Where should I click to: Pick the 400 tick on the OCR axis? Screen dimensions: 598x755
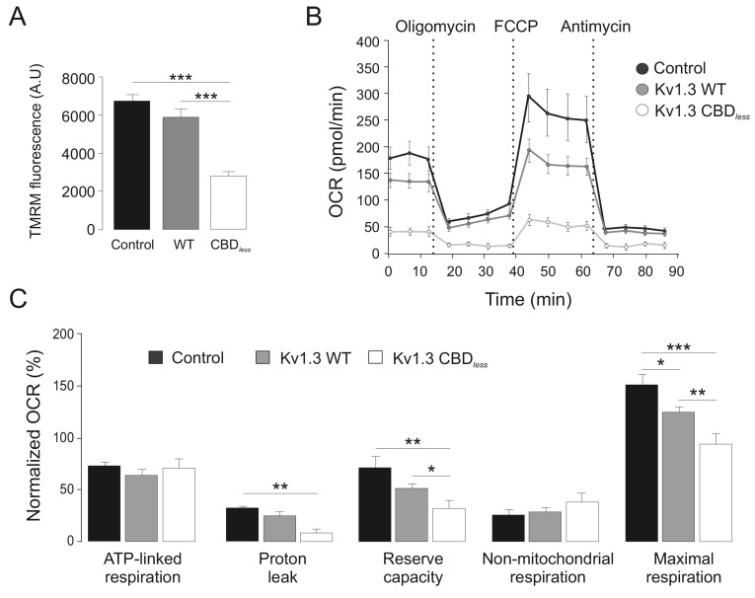pyautogui.click(x=366, y=43)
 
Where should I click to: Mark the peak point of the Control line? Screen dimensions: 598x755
pyautogui.click(x=530, y=96)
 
